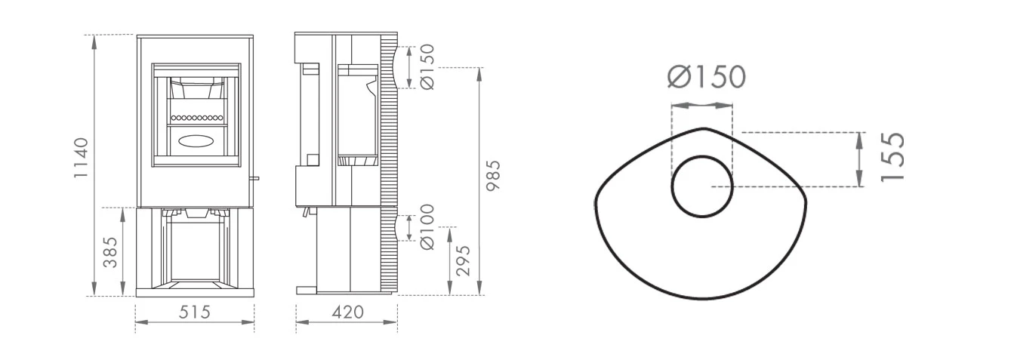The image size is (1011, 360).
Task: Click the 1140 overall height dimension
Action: [82, 158]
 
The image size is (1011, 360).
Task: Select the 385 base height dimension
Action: [110, 253]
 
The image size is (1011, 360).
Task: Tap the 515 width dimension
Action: [195, 312]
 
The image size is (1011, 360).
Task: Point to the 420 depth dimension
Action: [347, 312]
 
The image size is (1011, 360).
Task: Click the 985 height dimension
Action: [493, 176]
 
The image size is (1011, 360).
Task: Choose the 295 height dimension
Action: [463, 260]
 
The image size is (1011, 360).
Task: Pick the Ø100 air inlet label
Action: [427, 227]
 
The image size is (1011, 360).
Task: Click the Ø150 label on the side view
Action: [427, 66]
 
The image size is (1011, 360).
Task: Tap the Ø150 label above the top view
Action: [707, 77]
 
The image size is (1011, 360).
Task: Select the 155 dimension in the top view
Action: [892, 158]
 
